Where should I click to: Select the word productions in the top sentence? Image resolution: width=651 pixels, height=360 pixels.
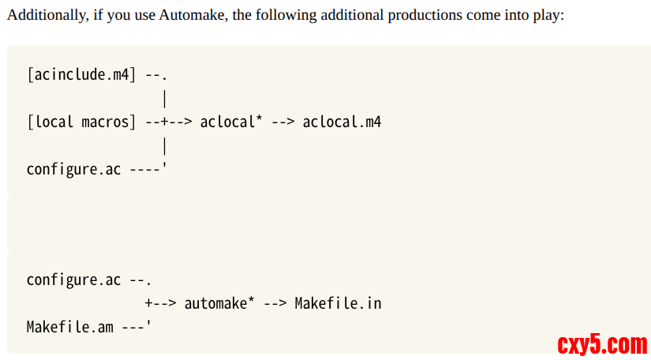[x=425, y=16]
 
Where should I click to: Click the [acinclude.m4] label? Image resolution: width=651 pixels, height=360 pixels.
[x=81, y=75]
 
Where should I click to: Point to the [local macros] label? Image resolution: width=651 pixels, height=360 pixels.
[x=81, y=122]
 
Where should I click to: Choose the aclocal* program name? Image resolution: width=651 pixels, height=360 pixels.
[x=231, y=122]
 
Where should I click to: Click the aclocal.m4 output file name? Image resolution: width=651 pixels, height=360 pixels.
[x=342, y=122]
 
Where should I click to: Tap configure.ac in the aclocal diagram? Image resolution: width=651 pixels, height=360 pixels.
[x=73, y=170]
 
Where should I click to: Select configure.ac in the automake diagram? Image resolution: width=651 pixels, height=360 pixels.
[x=73, y=280]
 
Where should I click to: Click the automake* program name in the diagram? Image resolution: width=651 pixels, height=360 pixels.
[x=219, y=303]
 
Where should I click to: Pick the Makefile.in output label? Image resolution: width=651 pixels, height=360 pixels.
[x=338, y=303]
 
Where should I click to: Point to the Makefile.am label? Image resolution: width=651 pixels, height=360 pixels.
[x=69, y=327]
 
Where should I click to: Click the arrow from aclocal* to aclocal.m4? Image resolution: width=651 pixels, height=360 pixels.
[x=283, y=122]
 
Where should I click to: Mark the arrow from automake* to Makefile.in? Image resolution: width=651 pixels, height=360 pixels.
[x=275, y=303]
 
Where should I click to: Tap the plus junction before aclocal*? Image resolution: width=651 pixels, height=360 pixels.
[x=165, y=122]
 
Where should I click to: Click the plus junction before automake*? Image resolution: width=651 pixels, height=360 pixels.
[x=149, y=303]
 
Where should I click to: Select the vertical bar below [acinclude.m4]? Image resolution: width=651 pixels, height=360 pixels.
[x=165, y=99]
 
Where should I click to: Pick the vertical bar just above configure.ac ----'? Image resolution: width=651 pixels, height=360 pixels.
[x=165, y=146]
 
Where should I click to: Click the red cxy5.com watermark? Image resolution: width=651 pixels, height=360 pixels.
[x=602, y=344]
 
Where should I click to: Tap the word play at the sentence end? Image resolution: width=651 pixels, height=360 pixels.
[x=548, y=16]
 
